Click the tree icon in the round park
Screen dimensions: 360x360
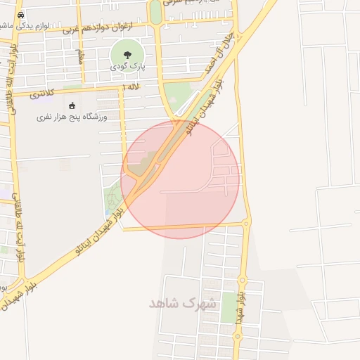tap(127, 53)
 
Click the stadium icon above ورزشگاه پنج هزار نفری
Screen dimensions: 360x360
tap(71, 105)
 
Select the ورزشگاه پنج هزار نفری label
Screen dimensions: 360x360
tap(71, 117)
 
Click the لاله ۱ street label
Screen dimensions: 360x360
tap(131, 86)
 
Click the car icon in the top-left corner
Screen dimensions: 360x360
tap(20, 15)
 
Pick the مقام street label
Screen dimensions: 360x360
tap(82, 56)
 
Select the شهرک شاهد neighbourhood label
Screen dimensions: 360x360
tap(181, 304)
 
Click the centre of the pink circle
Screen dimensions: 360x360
tap(180, 179)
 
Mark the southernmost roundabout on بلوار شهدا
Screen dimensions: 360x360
tap(239, 336)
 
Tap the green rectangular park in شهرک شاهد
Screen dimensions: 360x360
tap(229, 307)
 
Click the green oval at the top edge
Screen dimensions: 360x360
tap(155, 10)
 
